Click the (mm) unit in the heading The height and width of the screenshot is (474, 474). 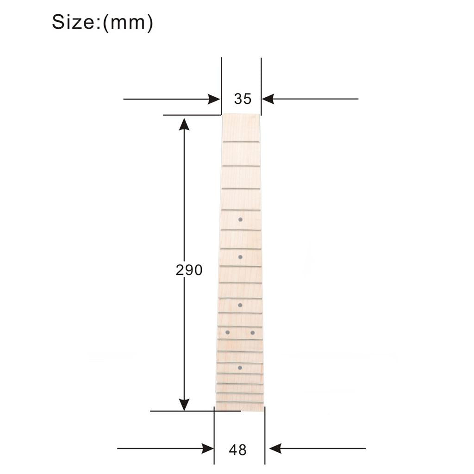[x=128, y=23]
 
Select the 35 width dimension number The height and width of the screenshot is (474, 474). [x=243, y=99]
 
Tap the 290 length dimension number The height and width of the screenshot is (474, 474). [x=189, y=270]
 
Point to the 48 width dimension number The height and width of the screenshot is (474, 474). [x=237, y=450]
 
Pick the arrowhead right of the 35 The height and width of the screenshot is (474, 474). [x=268, y=99]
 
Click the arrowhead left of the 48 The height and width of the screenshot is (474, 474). [x=208, y=449]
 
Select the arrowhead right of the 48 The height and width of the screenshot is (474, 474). [x=275, y=448]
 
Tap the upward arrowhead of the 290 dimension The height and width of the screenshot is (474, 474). [x=184, y=124]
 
